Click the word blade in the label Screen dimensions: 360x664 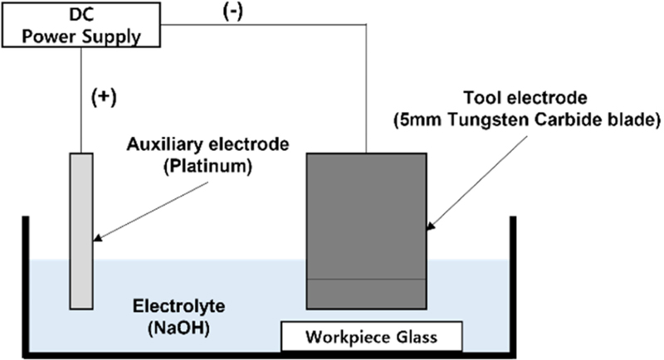coord(636,121)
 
